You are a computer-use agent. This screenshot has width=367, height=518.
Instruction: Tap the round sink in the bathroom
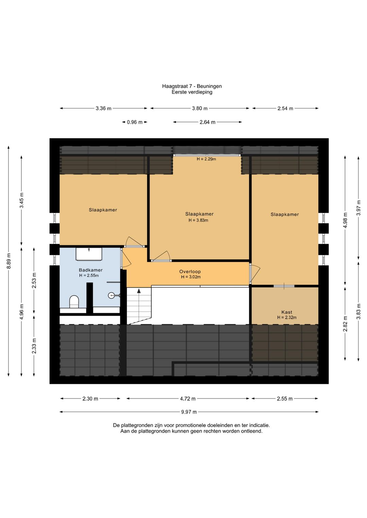tap(111, 295)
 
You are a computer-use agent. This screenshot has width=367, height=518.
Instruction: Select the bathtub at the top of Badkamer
tap(89, 254)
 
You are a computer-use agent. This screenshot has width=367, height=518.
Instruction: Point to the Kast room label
tap(287, 312)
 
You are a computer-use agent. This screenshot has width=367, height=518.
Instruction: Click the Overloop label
tap(190, 272)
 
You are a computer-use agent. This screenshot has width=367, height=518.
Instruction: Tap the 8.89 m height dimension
tap(9, 261)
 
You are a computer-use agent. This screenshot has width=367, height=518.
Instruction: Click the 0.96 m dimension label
tap(135, 122)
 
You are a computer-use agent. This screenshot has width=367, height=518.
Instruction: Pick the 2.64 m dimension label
tap(208, 122)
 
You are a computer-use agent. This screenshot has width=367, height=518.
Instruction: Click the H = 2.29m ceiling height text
tap(206, 159)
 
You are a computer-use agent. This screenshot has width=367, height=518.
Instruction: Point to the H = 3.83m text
tap(198, 220)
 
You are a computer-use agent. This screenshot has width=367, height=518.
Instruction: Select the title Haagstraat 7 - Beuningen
tap(192, 86)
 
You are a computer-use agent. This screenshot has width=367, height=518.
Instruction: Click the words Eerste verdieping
tap(192, 92)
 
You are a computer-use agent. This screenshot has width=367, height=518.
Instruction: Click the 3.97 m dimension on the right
tap(359, 208)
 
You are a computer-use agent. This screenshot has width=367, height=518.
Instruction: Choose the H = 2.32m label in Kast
tap(287, 317)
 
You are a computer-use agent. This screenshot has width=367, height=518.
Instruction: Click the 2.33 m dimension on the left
tap(34, 346)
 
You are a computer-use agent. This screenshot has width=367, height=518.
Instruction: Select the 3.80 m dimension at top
tap(200, 108)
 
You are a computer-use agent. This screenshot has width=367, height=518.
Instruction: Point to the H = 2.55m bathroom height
tap(89, 275)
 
